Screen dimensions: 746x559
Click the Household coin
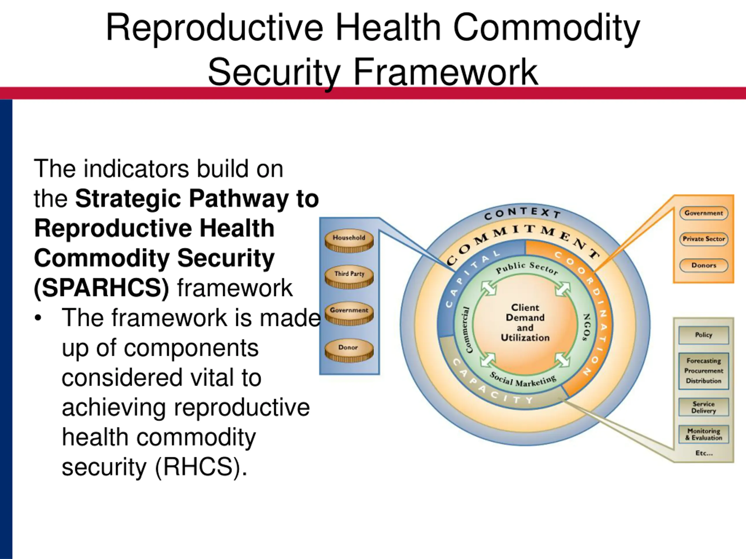349,240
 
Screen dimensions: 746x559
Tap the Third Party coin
349,277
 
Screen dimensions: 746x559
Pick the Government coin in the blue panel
349,313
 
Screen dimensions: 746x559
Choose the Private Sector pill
703,239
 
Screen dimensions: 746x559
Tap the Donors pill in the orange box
703,265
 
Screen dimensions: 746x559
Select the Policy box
703,335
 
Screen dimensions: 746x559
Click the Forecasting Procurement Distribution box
703,371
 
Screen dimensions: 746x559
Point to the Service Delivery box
703,407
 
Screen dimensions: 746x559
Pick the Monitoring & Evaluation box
703,434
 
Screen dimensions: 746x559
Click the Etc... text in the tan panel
704,453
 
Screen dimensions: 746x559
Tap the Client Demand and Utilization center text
525,323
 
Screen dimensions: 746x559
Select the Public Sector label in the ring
527,268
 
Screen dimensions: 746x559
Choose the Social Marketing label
522,380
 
